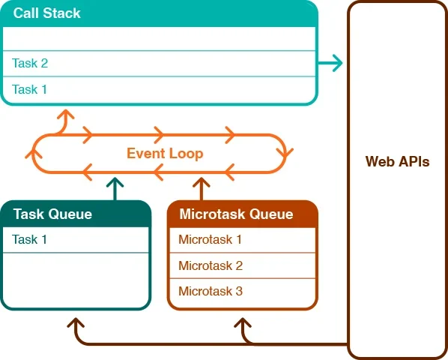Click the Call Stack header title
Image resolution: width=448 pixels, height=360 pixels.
(47, 13)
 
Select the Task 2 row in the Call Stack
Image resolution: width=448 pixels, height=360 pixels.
(159, 64)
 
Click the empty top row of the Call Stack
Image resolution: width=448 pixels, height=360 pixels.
(159, 38)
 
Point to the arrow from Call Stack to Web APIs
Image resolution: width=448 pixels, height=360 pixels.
(330, 62)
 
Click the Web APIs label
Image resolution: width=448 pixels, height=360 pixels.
(397, 161)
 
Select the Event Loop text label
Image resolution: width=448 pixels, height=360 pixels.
(165, 154)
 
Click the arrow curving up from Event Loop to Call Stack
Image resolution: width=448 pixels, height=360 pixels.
(64, 121)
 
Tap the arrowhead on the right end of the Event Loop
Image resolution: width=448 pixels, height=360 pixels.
(285, 153)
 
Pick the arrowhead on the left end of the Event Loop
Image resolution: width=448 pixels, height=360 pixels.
(34, 154)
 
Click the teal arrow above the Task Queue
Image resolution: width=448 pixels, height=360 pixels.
(115, 189)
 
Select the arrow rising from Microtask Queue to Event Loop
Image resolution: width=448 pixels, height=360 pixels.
(202, 189)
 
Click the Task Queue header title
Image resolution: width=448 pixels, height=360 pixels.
(52, 214)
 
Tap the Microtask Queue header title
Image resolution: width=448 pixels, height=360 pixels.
(236, 214)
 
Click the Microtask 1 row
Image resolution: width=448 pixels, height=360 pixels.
(243, 239)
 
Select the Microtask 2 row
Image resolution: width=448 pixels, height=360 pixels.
(243, 265)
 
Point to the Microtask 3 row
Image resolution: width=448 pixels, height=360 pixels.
(243, 292)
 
